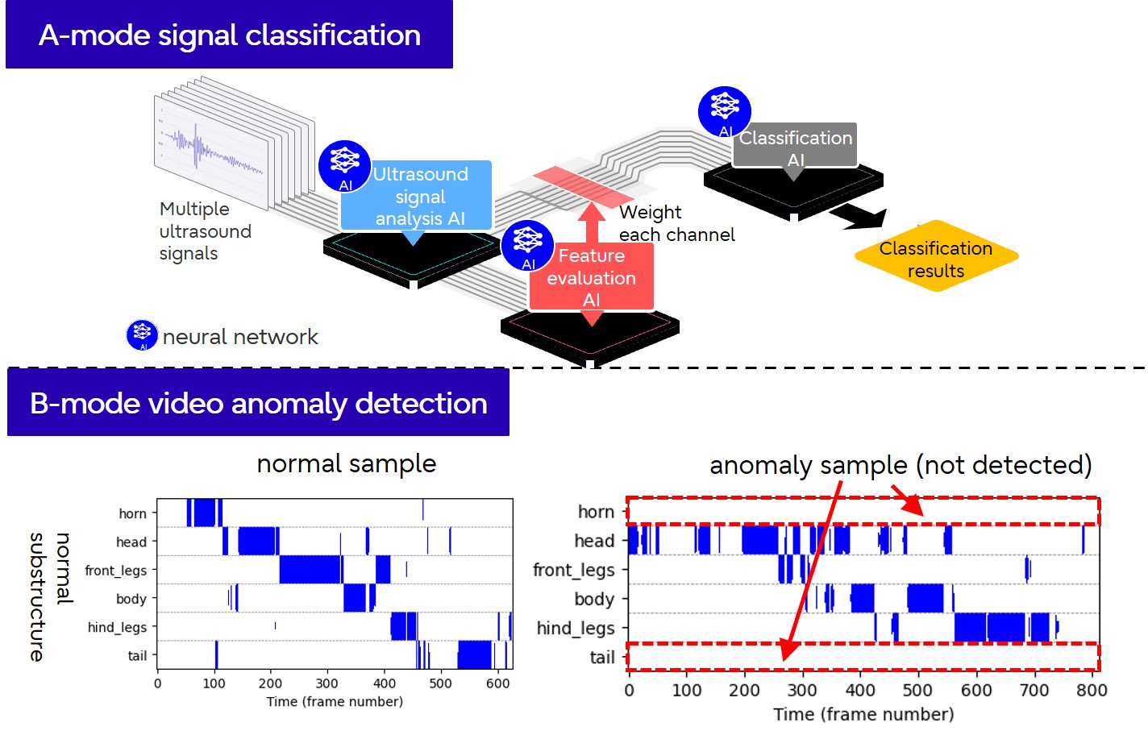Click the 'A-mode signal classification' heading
point(229,35)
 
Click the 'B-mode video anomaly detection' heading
point(258,403)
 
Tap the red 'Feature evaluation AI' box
point(591,276)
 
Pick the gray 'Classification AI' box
point(795,145)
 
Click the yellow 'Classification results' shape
point(936,259)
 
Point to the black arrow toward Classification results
point(859,216)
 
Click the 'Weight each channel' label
point(676,223)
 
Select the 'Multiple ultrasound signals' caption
point(206,231)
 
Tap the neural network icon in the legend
point(142,335)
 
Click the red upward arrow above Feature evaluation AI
point(592,222)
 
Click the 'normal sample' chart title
point(346,463)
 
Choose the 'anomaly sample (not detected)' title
point(900,465)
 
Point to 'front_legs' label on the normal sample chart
point(116,571)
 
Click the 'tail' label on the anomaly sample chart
point(602,658)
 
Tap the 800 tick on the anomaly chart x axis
point(1092,691)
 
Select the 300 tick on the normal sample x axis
point(327,683)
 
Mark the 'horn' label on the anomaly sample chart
point(596,512)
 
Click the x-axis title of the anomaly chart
point(863,714)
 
